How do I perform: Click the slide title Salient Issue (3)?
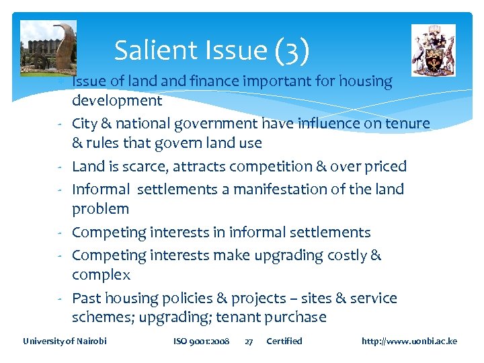coord(212,50)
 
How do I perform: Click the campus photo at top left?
coord(48,46)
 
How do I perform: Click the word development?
coord(117,101)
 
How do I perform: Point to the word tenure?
coord(407,123)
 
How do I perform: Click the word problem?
coord(100,208)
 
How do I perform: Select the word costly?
coord(339,255)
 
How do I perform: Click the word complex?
coord(101,274)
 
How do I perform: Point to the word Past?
coord(86,298)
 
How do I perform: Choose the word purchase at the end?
coord(294,317)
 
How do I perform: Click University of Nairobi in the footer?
coord(65,341)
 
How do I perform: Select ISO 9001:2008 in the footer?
coord(201,341)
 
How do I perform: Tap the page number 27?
coord(249,341)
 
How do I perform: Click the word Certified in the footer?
coord(284,341)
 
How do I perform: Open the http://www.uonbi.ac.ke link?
coord(409,341)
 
